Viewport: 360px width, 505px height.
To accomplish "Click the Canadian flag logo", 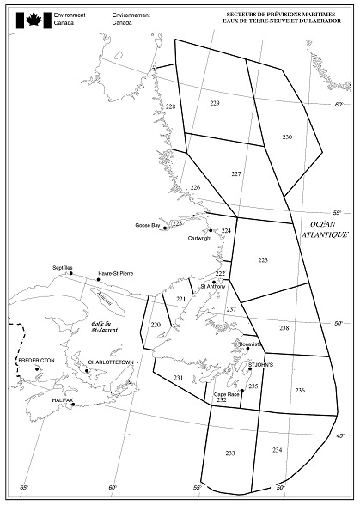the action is (x=35, y=20).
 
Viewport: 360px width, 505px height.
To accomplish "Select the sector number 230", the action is (x=287, y=137).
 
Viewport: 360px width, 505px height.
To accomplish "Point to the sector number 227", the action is (x=236, y=173).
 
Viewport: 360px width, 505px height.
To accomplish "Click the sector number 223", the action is (x=263, y=259).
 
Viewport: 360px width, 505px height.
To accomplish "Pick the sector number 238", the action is (x=284, y=328).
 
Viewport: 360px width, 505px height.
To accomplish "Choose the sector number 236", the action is (x=300, y=391).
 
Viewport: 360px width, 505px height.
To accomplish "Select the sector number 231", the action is (x=178, y=378).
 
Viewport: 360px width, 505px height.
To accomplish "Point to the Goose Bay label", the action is (x=148, y=226).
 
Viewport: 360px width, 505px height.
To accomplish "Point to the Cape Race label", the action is (x=226, y=393).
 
